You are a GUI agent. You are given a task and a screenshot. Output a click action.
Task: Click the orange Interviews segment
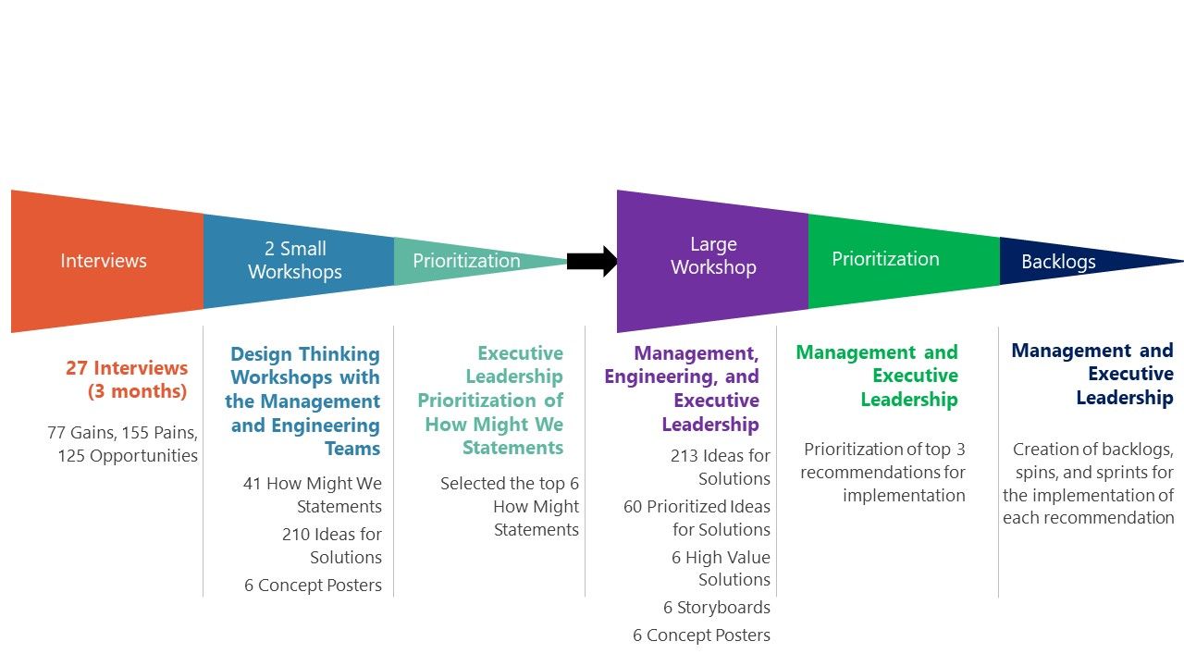(104, 261)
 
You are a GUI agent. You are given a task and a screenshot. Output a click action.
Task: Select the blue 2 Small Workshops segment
(295, 260)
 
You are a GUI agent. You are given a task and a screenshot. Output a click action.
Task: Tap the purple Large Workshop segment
(713, 256)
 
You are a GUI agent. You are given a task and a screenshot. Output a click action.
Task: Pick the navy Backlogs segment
(1058, 262)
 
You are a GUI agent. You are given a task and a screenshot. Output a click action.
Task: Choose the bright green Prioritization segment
(885, 259)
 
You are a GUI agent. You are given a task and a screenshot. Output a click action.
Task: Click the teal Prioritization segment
(466, 261)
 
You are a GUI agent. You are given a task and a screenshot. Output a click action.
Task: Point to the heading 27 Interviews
(127, 368)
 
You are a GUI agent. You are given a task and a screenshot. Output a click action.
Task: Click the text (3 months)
(138, 391)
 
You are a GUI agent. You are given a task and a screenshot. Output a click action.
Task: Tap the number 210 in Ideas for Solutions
(296, 535)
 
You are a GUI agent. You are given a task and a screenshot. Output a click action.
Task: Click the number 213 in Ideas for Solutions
(684, 456)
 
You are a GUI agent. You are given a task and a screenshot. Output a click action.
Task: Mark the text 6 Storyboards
(717, 608)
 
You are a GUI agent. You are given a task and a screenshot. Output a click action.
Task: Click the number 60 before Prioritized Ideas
(634, 507)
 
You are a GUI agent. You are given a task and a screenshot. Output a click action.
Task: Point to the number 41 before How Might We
(253, 484)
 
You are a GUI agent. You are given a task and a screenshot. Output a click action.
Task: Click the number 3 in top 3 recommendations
(959, 450)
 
